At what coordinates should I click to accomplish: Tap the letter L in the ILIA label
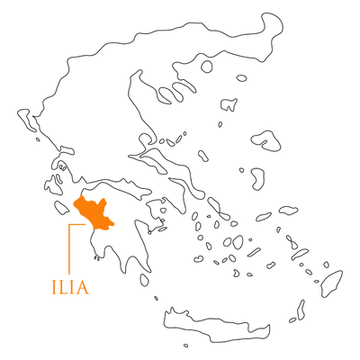[x=65, y=287]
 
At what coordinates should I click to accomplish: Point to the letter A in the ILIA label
[x=82, y=287]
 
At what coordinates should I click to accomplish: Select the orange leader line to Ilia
[x=69, y=249]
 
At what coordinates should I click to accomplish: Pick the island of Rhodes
[x=331, y=283]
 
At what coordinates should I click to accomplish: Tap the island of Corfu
[x=28, y=120]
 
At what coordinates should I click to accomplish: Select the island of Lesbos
[x=266, y=140]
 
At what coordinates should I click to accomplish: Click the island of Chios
[x=257, y=179]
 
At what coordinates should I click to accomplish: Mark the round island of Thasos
[x=207, y=67]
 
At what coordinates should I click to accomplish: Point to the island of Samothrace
[x=241, y=78]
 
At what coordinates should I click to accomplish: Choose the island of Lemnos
[x=229, y=104]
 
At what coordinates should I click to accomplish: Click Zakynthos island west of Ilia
[x=62, y=208]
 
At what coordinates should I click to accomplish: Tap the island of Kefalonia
[x=53, y=185]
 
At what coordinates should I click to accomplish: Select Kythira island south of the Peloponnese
[x=144, y=280]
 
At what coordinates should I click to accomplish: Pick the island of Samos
[x=289, y=210]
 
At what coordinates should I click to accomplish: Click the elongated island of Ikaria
[x=264, y=217]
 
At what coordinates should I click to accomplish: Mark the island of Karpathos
[x=301, y=310]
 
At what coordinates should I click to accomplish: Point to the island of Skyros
[x=203, y=156]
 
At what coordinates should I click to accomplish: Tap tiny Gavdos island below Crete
[x=186, y=346]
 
